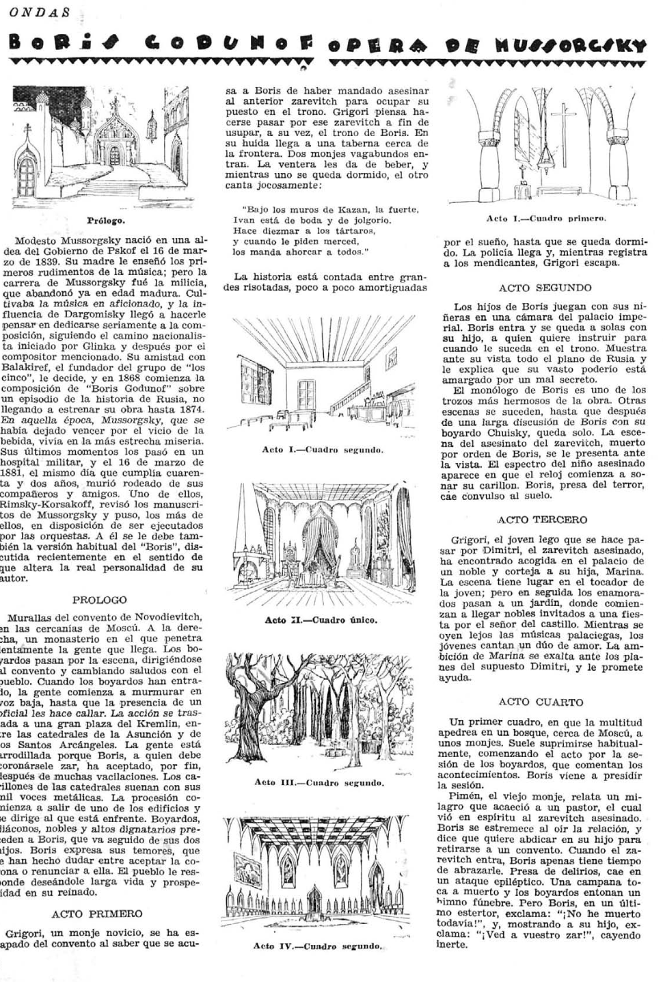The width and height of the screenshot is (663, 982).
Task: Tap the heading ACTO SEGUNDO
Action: click(x=545, y=288)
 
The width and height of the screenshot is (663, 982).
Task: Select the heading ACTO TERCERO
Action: click(x=545, y=519)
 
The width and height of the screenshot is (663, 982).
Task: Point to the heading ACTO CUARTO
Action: click(x=541, y=702)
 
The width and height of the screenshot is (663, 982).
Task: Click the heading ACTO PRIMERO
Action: click(x=97, y=913)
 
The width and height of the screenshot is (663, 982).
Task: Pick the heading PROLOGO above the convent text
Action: click(x=100, y=600)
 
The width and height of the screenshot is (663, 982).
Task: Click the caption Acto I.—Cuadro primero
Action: click(x=546, y=219)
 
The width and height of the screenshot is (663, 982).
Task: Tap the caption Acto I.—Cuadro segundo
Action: click(x=323, y=450)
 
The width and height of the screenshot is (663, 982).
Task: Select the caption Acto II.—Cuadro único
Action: click(x=321, y=620)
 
